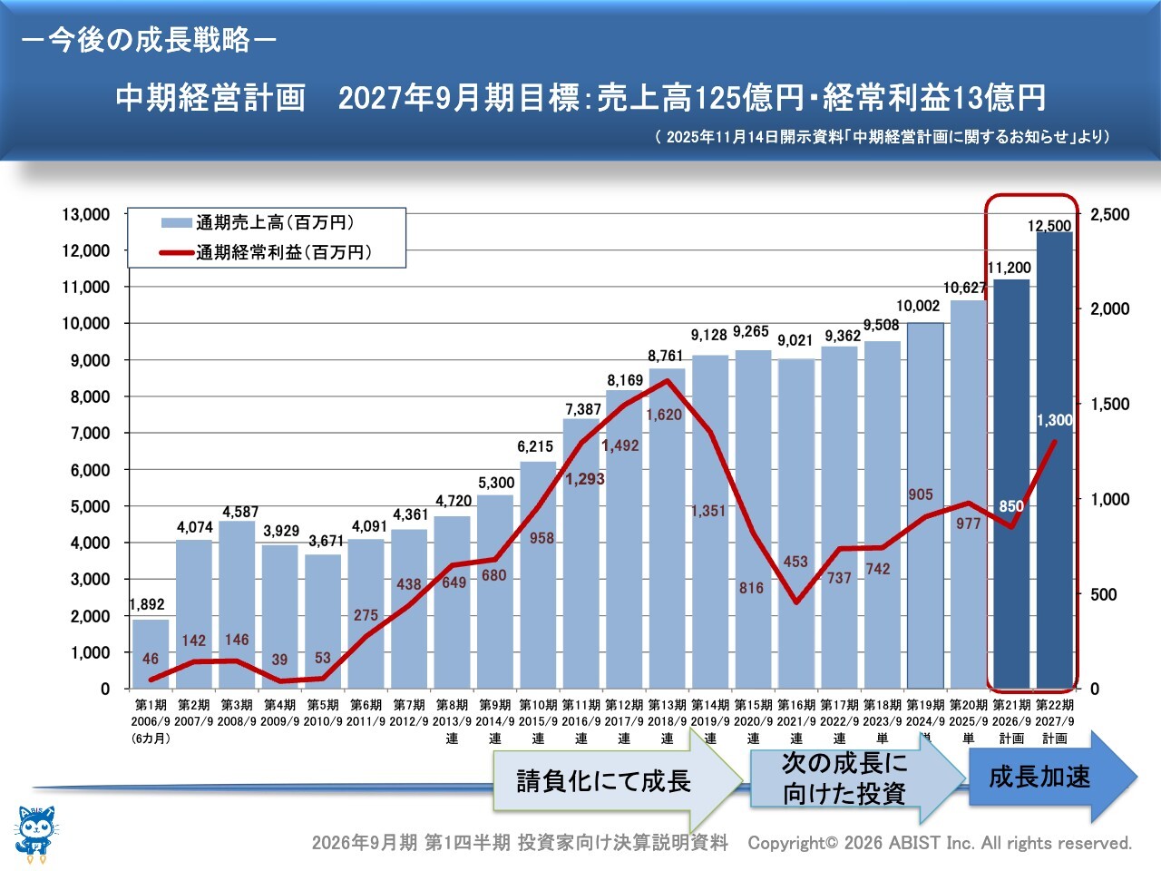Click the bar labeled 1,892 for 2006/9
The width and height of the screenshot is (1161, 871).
tap(151, 655)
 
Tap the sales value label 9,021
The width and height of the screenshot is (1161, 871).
tap(795, 340)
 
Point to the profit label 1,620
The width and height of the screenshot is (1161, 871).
tap(664, 415)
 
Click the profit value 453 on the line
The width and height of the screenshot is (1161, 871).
tap(795, 562)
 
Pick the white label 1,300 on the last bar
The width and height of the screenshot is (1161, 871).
tap(1054, 420)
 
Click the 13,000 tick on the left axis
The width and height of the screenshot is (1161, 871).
tap(85, 215)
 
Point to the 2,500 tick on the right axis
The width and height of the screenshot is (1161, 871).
tap(1110, 215)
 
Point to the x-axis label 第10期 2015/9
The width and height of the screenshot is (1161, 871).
tap(538, 713)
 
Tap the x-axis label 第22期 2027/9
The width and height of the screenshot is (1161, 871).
tap(1055, 713)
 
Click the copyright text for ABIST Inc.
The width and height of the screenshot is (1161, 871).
tap(940, 843)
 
